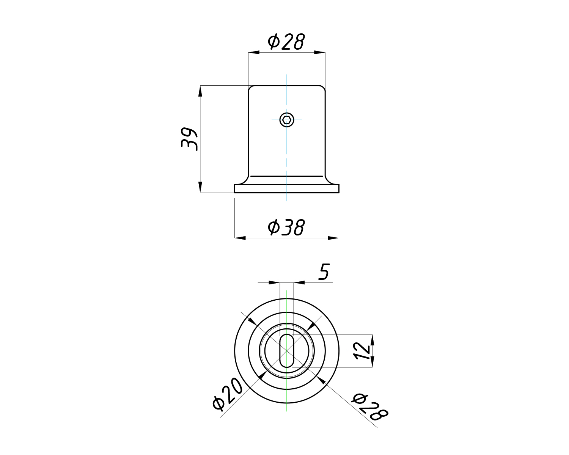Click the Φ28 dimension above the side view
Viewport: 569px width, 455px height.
(x=286, y=42)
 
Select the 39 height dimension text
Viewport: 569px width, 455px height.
(x=189, y=139)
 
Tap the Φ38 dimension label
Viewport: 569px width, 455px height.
(x=286, y=227)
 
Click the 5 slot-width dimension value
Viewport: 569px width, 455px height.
(x=324, y=271)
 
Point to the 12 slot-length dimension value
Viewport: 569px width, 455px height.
(x=362, y=351)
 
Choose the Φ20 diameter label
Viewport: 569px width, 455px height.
(x=227, y=394)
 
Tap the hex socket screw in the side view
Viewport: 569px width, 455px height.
(x=287, y=120)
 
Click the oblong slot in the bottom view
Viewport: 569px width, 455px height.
(x=287, y=351)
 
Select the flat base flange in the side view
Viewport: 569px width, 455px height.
(x=287, y=188)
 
